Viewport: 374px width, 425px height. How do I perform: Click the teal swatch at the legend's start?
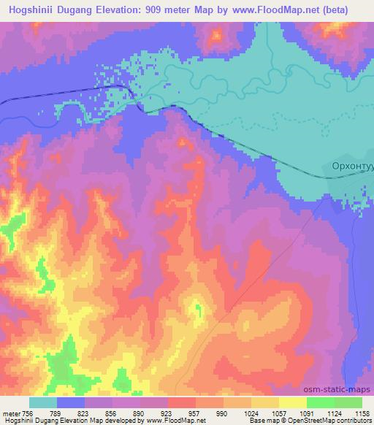point(43,402)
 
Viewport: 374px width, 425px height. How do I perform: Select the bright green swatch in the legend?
point(320,402)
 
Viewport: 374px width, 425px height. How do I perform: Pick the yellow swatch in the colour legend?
point(292,402)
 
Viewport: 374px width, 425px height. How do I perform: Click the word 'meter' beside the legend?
point(12,413)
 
